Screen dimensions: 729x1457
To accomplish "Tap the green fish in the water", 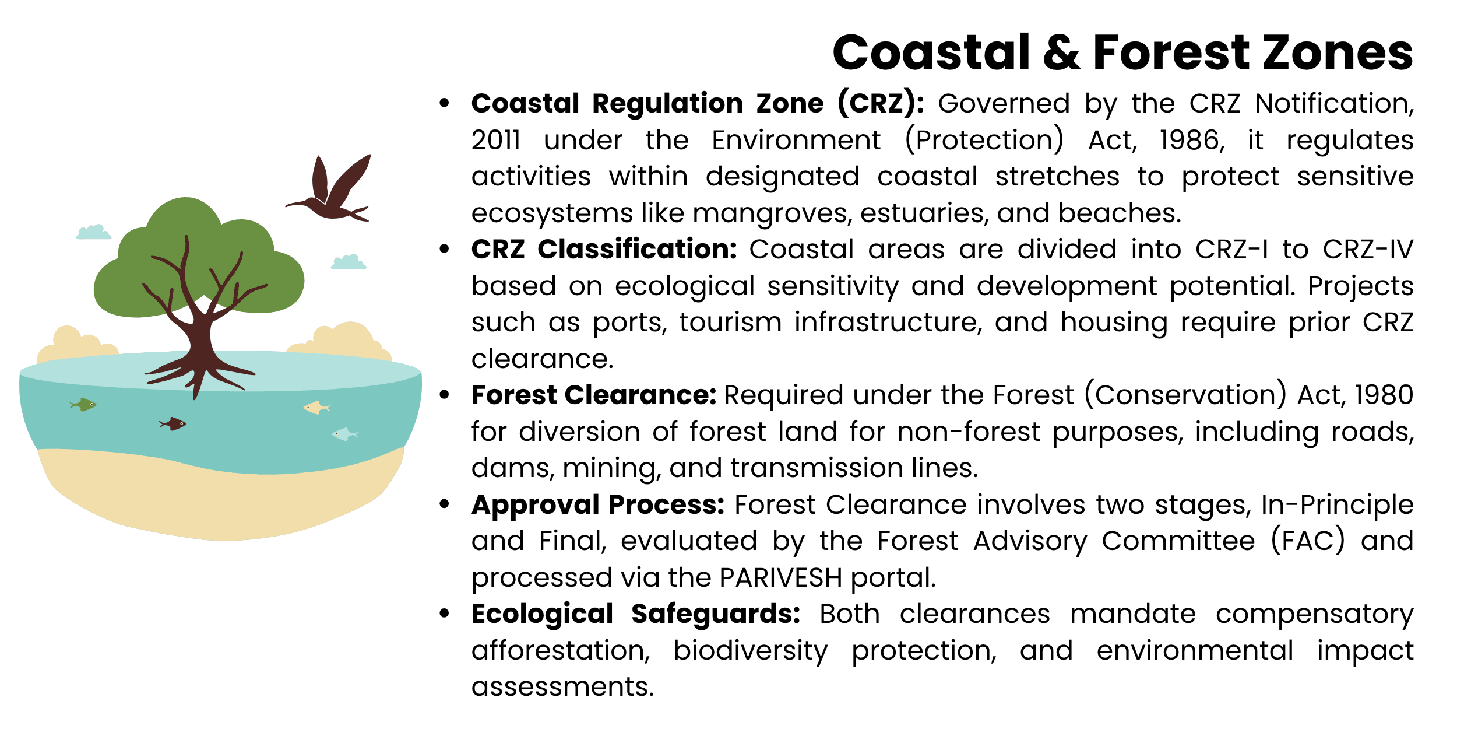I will point(83,404).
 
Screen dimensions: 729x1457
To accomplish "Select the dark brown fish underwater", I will point(174,423).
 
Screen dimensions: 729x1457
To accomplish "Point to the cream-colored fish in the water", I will point(316,407).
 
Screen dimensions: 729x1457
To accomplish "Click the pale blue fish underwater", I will point(345,434).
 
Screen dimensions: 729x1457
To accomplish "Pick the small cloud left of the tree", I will point(93,233).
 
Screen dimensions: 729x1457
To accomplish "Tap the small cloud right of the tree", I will point(349,262).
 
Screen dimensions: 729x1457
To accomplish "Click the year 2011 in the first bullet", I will point(495,141).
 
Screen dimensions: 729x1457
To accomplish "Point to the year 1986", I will point(1191,141).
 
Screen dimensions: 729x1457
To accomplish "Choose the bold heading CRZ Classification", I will point(604,250).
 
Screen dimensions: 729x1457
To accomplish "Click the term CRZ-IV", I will point(1368,250).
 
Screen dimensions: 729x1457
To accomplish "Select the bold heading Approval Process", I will point(597,504).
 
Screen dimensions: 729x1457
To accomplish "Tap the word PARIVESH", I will point(781,578).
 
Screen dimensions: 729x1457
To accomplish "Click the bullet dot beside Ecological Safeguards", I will point(445,614).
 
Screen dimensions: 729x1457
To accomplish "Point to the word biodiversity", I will point(750,651).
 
